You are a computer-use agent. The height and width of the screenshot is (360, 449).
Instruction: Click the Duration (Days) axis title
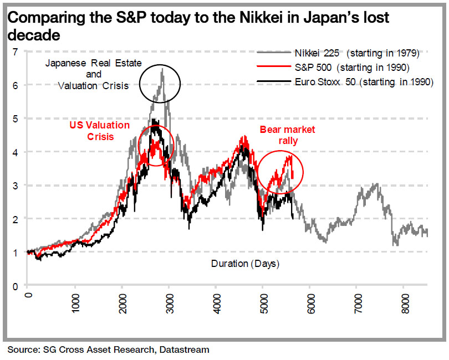(x=245, y=264)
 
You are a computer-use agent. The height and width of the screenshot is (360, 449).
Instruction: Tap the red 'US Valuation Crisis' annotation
(x=100, y=131)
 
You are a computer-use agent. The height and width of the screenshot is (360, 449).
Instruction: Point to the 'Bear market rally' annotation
(x=288, y=135)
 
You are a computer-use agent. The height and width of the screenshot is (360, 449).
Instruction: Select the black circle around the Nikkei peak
(x=160, y=83)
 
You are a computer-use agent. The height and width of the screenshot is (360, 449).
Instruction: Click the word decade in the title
(x=34, y=35)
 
